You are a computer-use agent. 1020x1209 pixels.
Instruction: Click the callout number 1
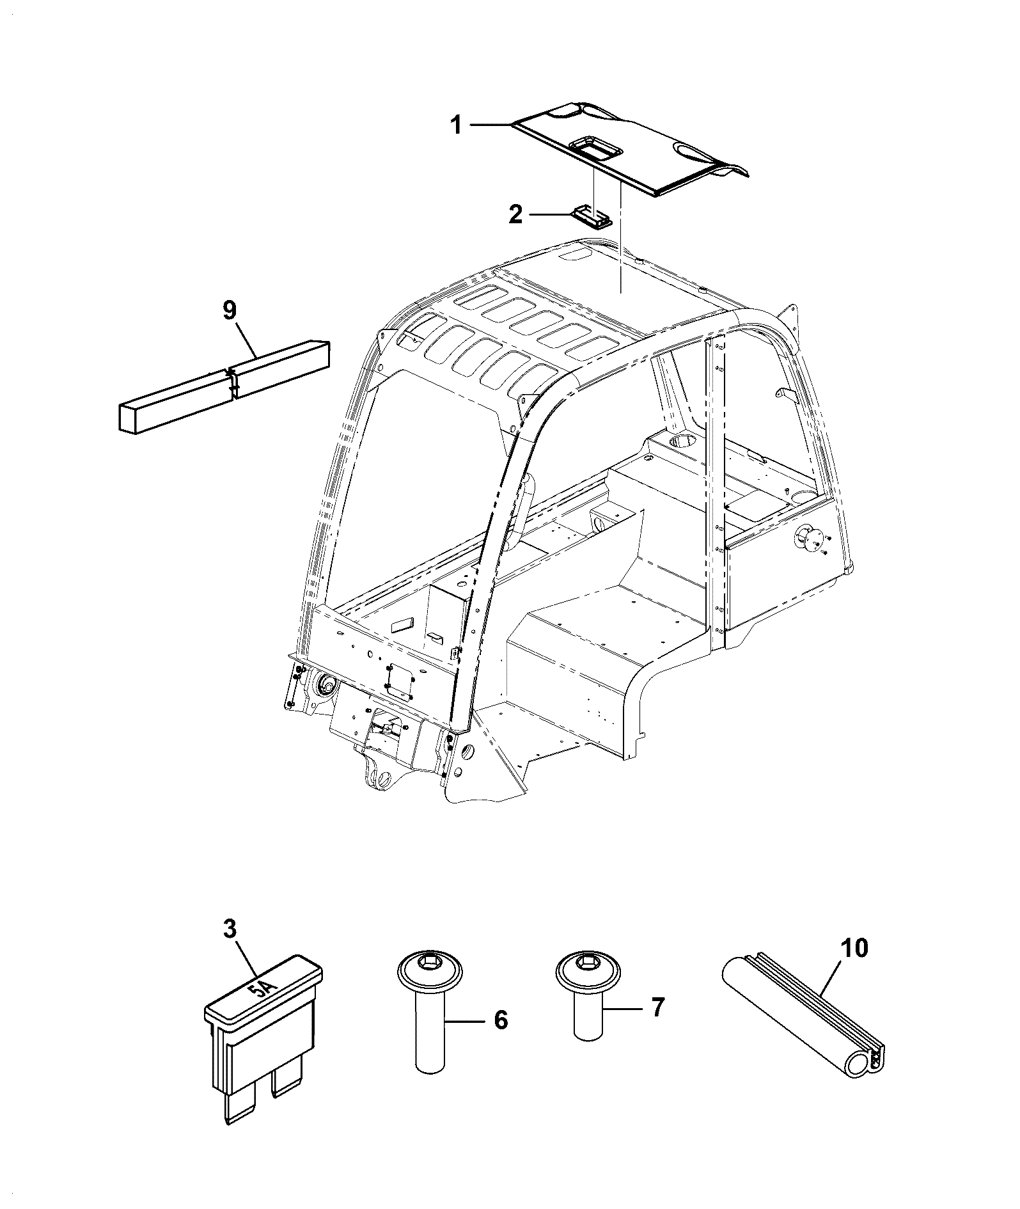point(456,125)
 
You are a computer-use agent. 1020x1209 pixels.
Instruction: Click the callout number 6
point(501,1020)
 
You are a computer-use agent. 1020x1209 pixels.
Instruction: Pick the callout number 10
point(856,948)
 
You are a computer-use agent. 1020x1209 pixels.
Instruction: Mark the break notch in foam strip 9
point(233,383)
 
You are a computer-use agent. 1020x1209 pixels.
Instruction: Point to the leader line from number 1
point(491,125)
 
